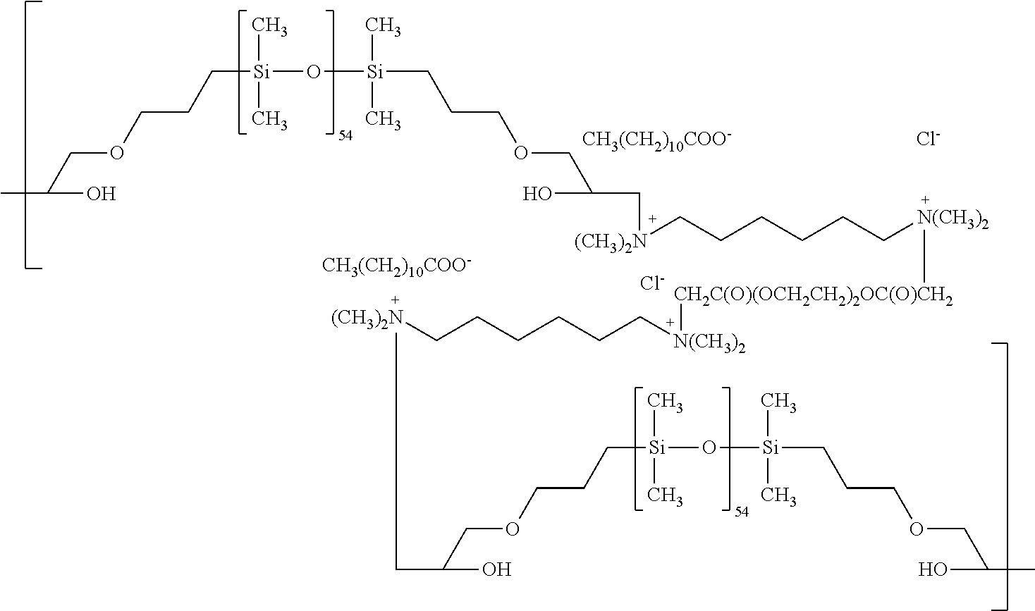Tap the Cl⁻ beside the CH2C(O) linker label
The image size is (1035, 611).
click(652, 283)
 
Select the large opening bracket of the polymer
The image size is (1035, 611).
click(33, 135)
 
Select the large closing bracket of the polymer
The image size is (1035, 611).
click(1000, 476)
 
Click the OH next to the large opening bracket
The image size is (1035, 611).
click(102, 194)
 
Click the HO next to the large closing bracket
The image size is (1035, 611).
click(933, 569)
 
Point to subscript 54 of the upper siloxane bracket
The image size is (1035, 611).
click(345, 136)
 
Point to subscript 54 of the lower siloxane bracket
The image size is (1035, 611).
click(742, 512)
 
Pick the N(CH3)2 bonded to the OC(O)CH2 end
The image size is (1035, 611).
click(953, 219)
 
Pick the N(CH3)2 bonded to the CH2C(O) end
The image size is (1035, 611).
click(709, 343)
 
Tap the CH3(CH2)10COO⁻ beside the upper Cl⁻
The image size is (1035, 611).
click(656, 140)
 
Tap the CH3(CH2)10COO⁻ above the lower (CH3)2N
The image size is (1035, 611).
click(396, 266)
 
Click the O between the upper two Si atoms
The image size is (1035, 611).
click(313, 72)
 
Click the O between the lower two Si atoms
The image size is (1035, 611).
click(709, 448)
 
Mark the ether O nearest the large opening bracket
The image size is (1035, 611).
click(117, 152)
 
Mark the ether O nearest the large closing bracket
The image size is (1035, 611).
click(917, 529)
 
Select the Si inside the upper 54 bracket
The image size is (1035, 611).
click(261, 72)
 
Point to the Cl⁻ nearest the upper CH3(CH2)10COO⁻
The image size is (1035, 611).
click(929, 139)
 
